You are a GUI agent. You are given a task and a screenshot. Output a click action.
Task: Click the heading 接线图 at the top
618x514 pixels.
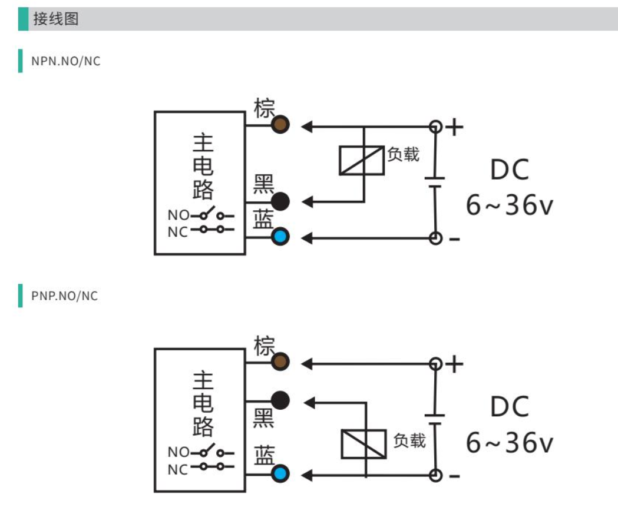tap(55, 19)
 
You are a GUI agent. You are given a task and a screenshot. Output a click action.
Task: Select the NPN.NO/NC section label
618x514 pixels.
tap(66, 61)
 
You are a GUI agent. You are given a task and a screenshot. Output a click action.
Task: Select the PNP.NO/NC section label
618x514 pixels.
tap(65, 296)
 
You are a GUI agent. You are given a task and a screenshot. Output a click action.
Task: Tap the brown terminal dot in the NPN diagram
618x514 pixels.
tap(280, 125)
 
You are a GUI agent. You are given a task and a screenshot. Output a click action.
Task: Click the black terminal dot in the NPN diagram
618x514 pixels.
tap(280, 202)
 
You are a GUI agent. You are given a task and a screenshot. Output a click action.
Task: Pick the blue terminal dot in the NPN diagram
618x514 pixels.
tap(280, 237)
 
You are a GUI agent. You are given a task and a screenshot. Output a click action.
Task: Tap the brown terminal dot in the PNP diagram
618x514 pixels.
tap(280, 362)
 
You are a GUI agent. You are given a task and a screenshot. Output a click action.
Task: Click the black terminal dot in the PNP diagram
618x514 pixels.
tap(280, 400)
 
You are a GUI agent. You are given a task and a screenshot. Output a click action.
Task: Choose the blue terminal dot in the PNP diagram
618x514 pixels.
tap(280, 473)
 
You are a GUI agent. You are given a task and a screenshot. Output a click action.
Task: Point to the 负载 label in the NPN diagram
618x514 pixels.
tap(403, 154)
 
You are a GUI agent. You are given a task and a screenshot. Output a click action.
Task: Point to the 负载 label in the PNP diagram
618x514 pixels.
tap(409, 440)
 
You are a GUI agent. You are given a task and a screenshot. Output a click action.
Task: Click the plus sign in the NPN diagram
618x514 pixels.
tap(455, 127)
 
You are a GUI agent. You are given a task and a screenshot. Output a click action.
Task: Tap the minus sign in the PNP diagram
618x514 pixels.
tap(454, 476)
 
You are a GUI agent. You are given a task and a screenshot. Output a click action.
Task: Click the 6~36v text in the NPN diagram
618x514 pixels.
tap(510, 205)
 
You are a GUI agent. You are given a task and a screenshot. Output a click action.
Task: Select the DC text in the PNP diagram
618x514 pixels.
tap(510, 406)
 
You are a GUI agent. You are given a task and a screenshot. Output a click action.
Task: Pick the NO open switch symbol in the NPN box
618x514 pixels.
tap(213, 214)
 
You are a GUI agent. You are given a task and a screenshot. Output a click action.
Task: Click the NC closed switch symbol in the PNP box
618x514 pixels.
tap(213, 467)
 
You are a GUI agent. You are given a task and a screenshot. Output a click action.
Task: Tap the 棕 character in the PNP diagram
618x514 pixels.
tap(264, 346)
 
